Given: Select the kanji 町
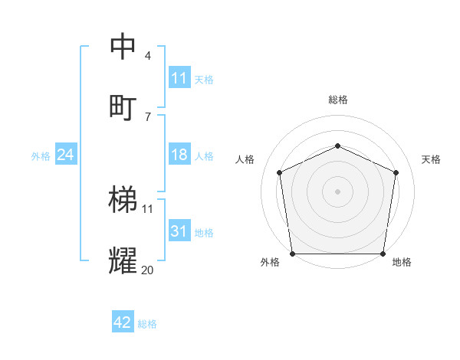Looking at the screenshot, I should [x=123, y=106].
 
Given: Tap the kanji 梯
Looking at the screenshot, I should [x=123, y=201].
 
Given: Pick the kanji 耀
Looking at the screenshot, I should [x=123, y=260].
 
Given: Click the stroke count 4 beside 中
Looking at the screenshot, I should [x=148, y=56].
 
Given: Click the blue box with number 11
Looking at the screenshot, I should [x=179, y=78].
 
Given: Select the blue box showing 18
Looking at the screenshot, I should [x=179, y=155].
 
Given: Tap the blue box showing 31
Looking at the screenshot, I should [x=179, y=231].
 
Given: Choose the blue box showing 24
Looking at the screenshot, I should [x=66, y=155].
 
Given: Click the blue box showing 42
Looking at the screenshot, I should [x=123, y=322].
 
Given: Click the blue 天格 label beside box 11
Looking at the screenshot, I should [x=204, y=79].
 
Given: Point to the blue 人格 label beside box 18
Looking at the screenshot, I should [x=204, y=155].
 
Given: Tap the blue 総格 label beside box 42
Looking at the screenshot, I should [x=147, y=323].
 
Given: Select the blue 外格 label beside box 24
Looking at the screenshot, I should [x=41, y=155].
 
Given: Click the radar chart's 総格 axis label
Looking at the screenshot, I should [x=338, y=100].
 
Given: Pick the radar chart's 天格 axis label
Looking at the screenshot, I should [x=432, y=159].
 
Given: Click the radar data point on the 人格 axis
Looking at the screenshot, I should [x=280, y=172].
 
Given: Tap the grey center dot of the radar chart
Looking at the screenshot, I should [x=337, y=191].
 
